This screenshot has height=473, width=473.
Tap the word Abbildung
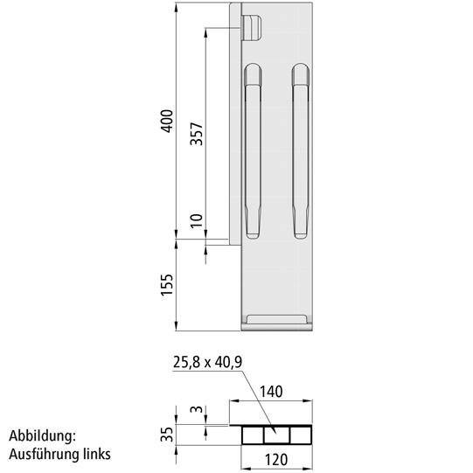point(44,435)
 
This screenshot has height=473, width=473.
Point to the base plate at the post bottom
point(277,322)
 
